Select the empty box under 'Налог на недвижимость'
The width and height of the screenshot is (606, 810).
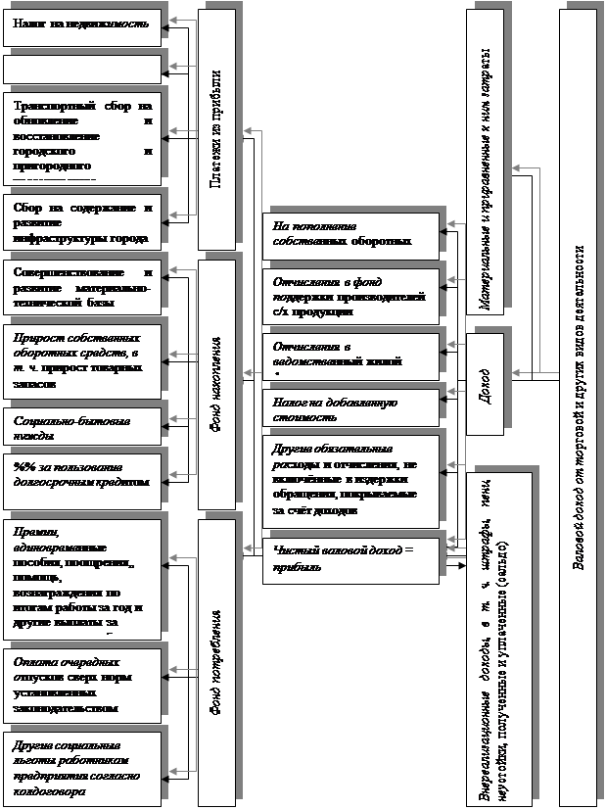[81, 70]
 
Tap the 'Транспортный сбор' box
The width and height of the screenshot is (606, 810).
[81, 139]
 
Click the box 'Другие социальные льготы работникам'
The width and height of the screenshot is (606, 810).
[81, 764]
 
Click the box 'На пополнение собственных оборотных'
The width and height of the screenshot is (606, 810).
[348, 232]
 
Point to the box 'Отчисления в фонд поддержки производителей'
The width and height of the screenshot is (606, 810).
[348, 296]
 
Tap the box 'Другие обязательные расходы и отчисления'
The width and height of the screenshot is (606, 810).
[348, 482]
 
